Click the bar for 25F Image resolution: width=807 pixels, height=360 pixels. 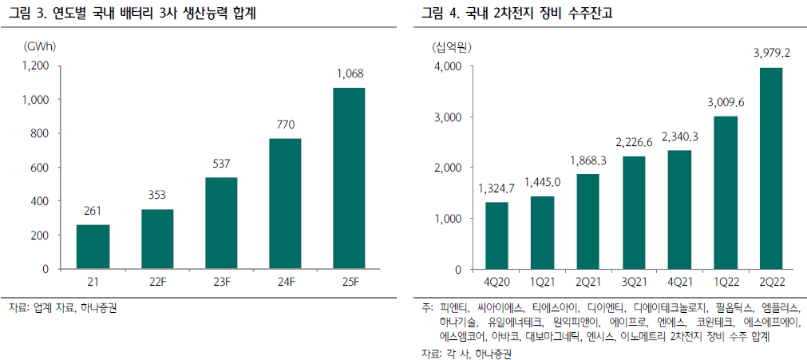click(x=349, y=179)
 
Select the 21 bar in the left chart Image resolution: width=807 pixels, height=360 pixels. click(x=93, y=247)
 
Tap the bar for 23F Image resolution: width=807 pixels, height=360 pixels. click(x=221, y=224)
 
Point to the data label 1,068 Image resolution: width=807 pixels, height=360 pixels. click(x=350, y=75)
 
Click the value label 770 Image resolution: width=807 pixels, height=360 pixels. click(x=285, y=125)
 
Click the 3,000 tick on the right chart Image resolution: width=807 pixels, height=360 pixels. click(x=446, y=117)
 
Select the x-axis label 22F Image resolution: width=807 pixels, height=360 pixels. click(x=157, y=283)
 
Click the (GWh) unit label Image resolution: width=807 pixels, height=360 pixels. click(x=40, y=46)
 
